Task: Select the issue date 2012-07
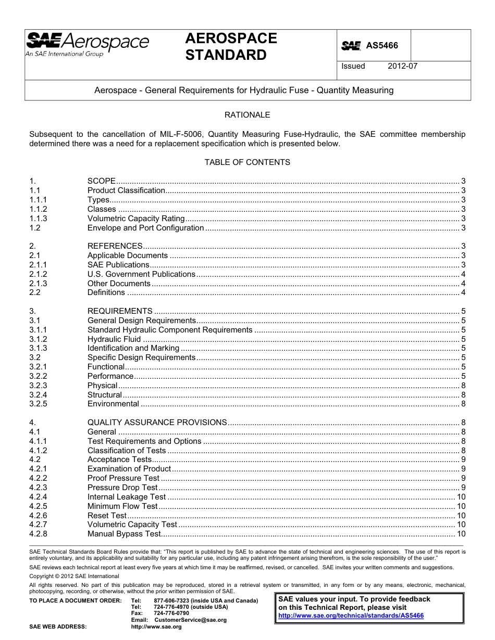(402, 66)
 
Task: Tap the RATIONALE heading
(247, 114)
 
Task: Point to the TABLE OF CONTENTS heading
(247, 162)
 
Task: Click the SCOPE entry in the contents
(102, 181)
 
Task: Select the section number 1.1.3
(38, 219)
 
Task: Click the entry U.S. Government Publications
(141, 274)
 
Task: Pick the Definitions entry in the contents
(106, 292)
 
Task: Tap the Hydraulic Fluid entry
(114, 339)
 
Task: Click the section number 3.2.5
(38, 404)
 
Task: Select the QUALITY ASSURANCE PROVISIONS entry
(157, 423)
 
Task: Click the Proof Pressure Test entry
(123, 478)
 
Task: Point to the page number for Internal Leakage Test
(461, 497)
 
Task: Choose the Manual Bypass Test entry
(124, 534)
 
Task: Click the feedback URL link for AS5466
(351, 616)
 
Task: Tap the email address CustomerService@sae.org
(190, 620)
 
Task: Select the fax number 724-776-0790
(171, 613)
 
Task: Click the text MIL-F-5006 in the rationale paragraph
(190, 134)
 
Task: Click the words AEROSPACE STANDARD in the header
(231, 46)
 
